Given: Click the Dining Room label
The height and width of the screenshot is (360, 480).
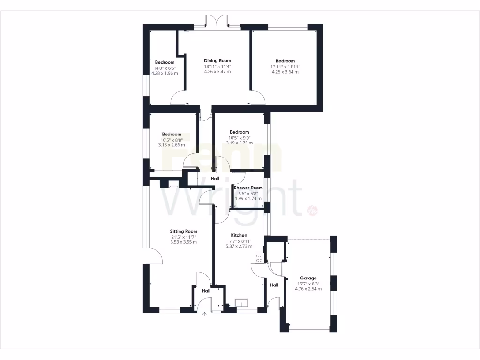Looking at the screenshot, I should (217, 60).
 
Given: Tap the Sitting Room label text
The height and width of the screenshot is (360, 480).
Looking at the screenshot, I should (183, 231).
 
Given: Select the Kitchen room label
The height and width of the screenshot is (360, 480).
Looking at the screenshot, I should (239, 235).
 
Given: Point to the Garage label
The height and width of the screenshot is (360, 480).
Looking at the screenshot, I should (308, 278).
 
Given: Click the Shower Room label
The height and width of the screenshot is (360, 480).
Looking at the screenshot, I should (251, 187).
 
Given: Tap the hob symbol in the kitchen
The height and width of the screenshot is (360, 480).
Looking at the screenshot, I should (259, 257).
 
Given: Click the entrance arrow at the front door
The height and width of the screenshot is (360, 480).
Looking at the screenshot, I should (204, 314).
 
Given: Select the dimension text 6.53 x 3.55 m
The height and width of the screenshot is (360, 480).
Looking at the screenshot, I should (183, 242).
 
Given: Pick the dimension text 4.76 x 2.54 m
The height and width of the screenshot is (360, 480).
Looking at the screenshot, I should (308, 289).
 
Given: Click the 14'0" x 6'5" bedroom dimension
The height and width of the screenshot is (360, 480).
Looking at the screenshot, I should (165, 68).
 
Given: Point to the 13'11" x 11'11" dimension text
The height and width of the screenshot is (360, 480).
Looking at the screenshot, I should (285, 67).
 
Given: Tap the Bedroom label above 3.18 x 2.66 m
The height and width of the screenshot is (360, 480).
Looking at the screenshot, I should (172, 134).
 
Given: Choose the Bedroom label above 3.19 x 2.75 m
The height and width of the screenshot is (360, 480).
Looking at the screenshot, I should (239, 132).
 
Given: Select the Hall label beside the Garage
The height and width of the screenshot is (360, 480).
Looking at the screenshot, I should (274, 285).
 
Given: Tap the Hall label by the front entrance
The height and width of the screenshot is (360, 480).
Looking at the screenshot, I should (206, 291).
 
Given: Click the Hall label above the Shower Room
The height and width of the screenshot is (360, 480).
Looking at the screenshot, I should (215, 179).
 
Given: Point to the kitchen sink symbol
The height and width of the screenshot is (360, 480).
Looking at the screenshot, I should (242, 302).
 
